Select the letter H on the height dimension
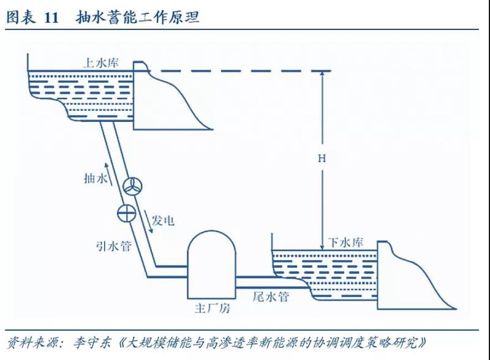click(x=322, y=158)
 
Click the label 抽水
click(x=96, y=179)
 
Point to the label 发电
click(x=163, y=219)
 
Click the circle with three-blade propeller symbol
click(x=132, y=187)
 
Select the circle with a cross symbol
click(x=126, y=213)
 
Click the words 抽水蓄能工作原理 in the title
click(x=137, y=18)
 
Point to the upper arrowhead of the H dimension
click(x=322, y=75)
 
